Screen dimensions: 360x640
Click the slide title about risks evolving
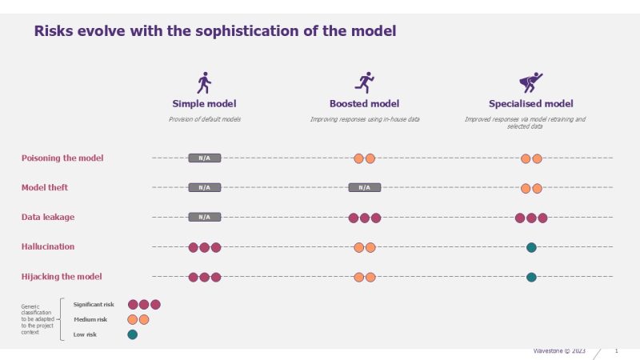214,31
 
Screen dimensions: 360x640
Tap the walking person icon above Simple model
204,82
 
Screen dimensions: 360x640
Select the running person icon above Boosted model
365,82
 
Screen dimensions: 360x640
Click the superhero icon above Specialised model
530,82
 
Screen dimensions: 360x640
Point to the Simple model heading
204,104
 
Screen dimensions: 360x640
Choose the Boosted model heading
364,104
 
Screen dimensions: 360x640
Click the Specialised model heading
530,104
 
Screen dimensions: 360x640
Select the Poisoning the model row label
62,158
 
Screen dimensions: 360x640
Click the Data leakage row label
48,217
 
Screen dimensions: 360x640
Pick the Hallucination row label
48,246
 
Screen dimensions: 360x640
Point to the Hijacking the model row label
62,276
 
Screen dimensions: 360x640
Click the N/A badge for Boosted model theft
365,187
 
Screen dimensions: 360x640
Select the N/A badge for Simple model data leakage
204,217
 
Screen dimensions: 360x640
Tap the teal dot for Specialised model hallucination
531,247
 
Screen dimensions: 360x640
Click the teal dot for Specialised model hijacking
531,277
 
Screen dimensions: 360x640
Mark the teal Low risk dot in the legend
133,334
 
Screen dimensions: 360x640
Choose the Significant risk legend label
94,304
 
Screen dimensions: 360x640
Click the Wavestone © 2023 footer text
560,351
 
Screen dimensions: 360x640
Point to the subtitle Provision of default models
204,119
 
